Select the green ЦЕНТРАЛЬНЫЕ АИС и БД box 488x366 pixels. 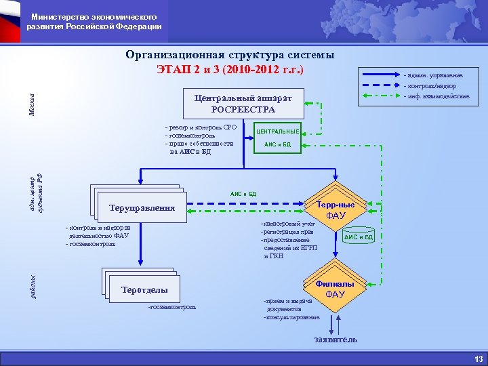coord(277,138)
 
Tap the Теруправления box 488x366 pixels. coord(142,208)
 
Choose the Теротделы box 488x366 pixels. coord(144,290)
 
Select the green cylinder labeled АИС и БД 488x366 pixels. coord(359,237)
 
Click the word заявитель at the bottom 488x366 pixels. coord(335,339)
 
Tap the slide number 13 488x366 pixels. coord(478,359)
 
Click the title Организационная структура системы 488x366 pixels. coord(230,55)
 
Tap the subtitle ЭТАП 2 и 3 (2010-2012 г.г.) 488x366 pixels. coord(230,69)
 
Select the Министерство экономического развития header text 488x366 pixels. coord(94,21)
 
